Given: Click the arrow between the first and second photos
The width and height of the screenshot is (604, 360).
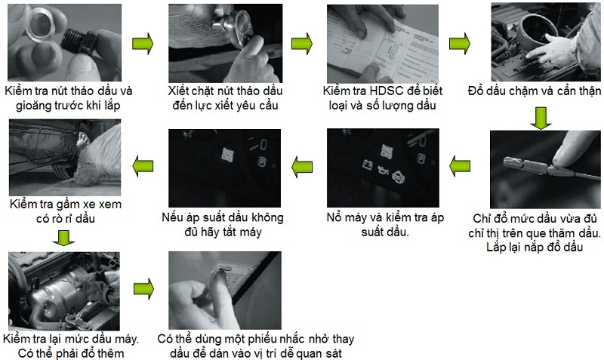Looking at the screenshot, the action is [143, 44].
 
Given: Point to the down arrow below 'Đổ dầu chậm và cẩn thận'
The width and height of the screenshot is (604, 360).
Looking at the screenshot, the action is [541, 118].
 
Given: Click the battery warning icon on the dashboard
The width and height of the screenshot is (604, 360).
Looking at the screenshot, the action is [368, 165].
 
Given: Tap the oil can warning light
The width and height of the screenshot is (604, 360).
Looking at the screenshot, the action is [383, 170].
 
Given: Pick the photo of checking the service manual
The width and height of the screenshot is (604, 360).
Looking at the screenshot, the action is [383, 44].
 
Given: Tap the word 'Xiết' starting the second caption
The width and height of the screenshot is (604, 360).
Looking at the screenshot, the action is [177, 91].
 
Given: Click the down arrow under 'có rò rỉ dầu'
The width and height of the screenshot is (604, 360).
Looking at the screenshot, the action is [63, 238].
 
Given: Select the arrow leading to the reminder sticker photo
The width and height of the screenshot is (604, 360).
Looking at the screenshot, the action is [143, 289].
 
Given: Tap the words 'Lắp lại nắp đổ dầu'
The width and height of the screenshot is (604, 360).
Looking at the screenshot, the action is [535, 247].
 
